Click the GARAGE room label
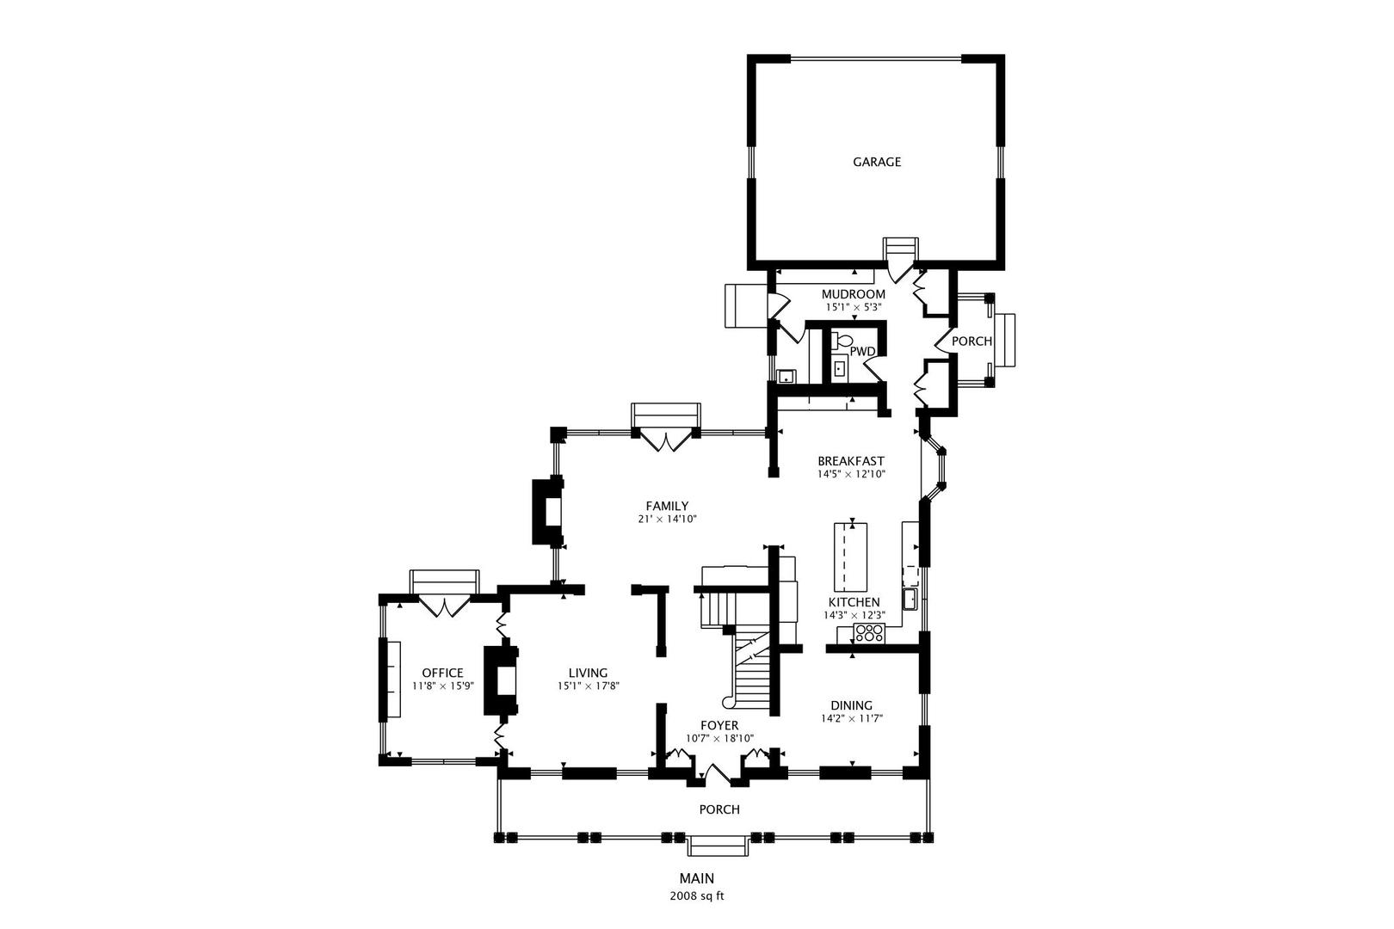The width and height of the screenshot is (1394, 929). [x=877, y=162]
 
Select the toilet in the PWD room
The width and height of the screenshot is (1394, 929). [x=840, y=341]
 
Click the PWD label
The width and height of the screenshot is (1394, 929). [x=862, y=351]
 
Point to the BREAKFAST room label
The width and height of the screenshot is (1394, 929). [x=850, y=461]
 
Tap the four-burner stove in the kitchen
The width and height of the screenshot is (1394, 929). [x=869, y=634]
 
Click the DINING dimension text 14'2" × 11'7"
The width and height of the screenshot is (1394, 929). [x=852, y=718]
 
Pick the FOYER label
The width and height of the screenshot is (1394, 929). [x=719, y=725]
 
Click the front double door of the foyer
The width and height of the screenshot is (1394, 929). [x=718, y=774]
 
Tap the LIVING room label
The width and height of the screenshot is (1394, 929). [x=588, y=673]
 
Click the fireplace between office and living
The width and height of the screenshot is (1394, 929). [x=502, y=680]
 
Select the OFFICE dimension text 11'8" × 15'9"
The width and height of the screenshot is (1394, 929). [x=442, y=686]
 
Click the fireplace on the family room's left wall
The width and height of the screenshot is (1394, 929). [x=548, y=512]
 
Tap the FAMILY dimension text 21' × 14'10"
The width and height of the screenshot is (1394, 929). [x=667, y=519]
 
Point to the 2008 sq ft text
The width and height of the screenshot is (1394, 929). [x=697, y=895]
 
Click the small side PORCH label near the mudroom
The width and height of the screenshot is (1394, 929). [x=971, y=341]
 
